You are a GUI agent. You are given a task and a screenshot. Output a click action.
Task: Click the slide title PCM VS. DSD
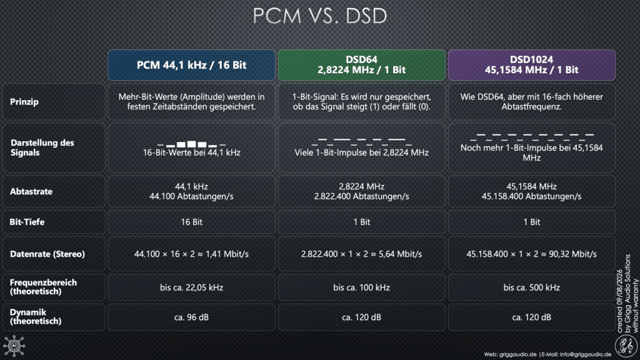319,16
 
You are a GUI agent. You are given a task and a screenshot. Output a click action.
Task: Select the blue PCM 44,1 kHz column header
191,65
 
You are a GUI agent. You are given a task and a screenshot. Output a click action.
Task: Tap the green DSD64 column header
362,65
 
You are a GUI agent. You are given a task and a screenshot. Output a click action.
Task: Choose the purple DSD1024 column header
531,65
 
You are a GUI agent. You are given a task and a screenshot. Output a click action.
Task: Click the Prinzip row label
24,102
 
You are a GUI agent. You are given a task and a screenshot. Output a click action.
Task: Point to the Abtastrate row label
31,191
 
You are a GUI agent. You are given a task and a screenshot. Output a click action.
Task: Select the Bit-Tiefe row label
27,222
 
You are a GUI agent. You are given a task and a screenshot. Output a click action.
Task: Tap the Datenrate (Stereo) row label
47,254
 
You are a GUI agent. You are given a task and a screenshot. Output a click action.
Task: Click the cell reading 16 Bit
191,222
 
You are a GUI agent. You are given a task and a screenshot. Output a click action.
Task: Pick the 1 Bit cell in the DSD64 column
362,222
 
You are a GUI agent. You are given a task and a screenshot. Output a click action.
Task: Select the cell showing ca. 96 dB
191,317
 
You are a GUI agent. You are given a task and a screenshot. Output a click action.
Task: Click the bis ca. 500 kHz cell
531,287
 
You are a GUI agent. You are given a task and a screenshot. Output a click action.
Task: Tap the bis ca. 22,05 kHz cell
191,287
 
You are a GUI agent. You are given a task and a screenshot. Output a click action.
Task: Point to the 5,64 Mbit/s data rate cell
362,254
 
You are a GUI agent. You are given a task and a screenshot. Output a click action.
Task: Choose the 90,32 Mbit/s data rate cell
531,254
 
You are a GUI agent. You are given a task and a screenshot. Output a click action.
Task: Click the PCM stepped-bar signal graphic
191,144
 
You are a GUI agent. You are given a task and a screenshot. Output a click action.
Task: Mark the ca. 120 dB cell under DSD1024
531,317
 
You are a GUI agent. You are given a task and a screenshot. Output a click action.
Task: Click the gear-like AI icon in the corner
14,346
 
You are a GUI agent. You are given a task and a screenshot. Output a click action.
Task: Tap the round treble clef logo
626,346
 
